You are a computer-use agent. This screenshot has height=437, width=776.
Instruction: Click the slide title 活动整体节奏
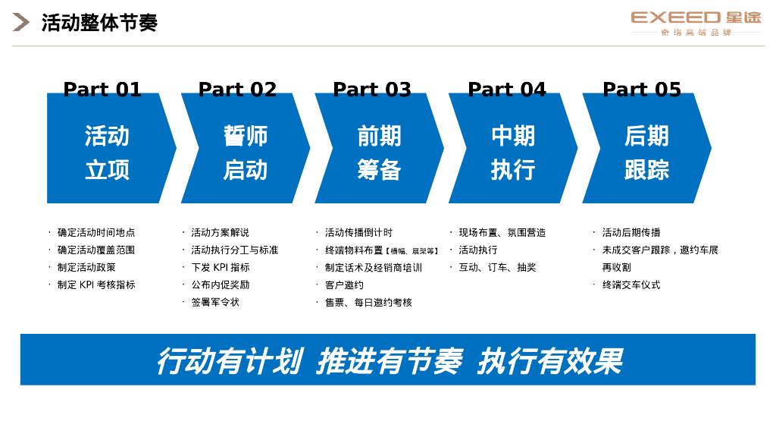pyautogui.click(x=99, y=23)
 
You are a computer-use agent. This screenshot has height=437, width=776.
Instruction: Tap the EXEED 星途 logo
pyautogui.click(x=696, y=22)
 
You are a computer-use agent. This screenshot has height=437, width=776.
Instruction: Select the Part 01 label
pyautogui.click(x=102, y=90)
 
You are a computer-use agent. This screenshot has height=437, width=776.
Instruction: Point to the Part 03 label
pyautogui.click(x=372, y=90)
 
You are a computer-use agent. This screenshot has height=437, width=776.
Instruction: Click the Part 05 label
pyautogui.click(x=642, y=90)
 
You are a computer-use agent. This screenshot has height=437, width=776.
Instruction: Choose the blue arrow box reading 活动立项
pyautogui.click(x=108, y=152)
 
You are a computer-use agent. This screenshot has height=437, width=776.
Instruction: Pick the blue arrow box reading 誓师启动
pyautogui.click(x=245, y=152)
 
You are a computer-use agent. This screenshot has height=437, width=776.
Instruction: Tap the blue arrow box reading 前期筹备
pyautogui.click(x=379, y=152)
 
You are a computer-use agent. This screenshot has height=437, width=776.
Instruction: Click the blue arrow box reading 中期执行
pyautogui.click(x=513, y=152)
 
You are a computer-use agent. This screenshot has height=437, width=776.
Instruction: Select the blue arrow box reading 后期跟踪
pyautogui.click(x=646, y=152)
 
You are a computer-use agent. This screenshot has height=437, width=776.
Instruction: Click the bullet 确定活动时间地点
pyautogui.click(x=96, y=232)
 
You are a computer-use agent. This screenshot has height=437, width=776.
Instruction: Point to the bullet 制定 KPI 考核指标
pyautogui.click(x=96, y=285)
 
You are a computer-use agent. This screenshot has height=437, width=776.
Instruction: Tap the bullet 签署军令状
pyautogui.click(x=215, y=302)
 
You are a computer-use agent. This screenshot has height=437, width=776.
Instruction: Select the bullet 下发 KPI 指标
pyautogui.click(x=220, y=267)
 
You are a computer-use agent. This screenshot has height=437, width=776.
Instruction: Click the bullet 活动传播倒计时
pyautogui.click(x=358, y=232)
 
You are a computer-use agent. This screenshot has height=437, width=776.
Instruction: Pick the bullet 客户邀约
pyautogui.click(x=344, y=285)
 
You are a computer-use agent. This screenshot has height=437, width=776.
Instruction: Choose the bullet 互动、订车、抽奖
pyautogui.click(x=497, y=267)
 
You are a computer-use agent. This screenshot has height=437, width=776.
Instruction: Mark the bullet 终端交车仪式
pyautogui.click(x=631, y=285)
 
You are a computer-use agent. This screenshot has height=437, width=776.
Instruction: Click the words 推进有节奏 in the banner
pyautogui.click(x=389, y=361)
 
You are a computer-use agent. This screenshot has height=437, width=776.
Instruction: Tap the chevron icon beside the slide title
pyautogui.click(x=21, y=23)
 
